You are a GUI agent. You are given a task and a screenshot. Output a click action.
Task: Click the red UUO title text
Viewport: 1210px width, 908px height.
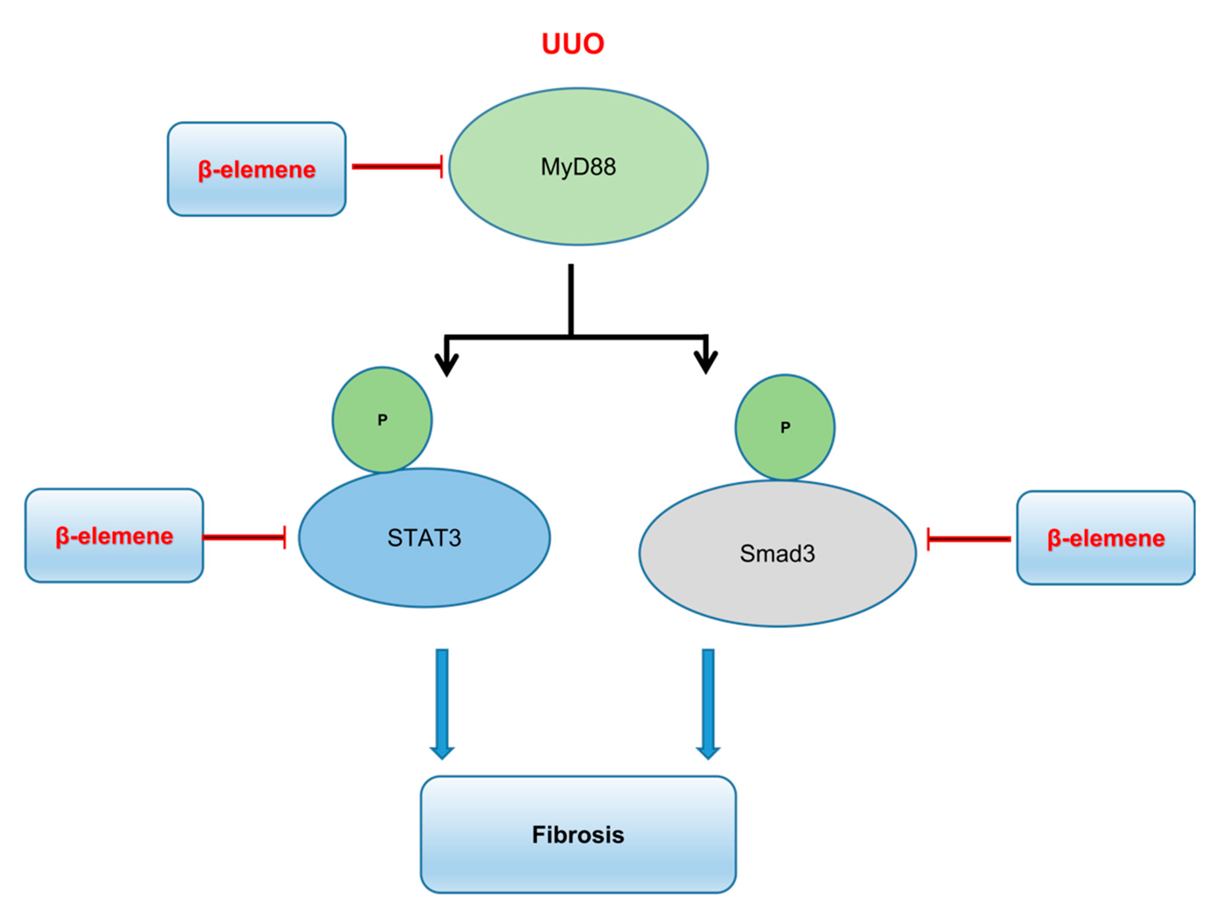(x=573, y=44)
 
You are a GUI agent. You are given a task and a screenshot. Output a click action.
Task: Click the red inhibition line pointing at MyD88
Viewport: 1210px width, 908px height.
(x=397, y=166)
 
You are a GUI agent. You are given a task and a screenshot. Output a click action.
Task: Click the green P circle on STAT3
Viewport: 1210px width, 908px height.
(x=382, y=419)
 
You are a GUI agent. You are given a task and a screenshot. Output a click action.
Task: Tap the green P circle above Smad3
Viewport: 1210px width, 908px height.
(x=785, y=427)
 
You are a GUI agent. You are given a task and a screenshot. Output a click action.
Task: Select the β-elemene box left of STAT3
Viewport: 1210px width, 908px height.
(x=114, y=536)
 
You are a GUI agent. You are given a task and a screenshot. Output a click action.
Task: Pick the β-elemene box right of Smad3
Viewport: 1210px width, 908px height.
(x=1105, y=538)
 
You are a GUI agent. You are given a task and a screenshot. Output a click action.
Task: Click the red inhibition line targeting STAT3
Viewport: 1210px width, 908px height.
(x=243, y=537)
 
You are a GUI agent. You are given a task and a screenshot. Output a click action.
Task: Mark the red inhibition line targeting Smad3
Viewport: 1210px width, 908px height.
(x=968, y=539)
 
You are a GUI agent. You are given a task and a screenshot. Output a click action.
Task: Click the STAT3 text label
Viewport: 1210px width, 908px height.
(x=424, y=537)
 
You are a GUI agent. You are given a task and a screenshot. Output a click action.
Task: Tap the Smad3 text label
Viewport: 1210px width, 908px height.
(x=777, y=553)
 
